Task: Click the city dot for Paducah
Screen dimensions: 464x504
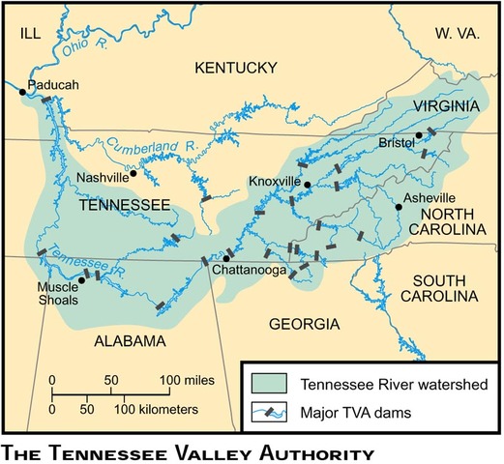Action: [x=23, y=92]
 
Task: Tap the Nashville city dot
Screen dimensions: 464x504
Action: [x=133, y=174]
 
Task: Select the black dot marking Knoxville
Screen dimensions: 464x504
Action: [x=306, y=184]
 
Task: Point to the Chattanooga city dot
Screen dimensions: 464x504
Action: [x=226, y=258]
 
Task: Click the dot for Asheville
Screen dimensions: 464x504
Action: [x=398, y=205]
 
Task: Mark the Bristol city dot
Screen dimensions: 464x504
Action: [x=419, y=136]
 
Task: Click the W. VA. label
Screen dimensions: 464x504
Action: [x=457, y=33]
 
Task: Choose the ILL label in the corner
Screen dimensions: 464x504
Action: [x=33, y=34]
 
